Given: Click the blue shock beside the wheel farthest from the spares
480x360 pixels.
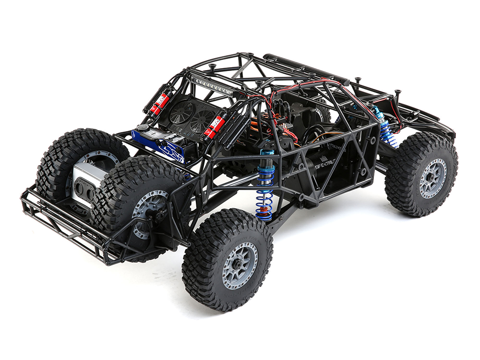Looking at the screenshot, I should (x=384, y=127).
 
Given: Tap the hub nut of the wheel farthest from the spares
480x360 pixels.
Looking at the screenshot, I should (x=433, y=178).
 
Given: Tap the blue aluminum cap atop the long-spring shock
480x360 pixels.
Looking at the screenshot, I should (x=267, y=153).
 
